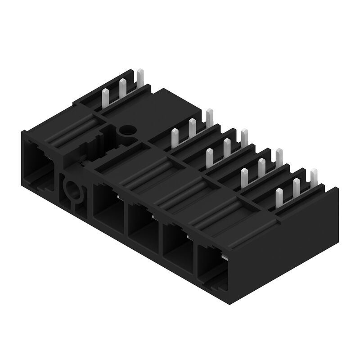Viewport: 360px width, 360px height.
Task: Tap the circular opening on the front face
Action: pyautogui.click(x=71, y=189)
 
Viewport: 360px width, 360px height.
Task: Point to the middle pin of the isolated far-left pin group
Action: pyautogui.click(x=122, y=88)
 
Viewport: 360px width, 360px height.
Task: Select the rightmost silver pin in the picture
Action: pyautogui.click(x=314, y=176)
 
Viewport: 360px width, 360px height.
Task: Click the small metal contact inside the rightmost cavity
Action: pyautogui.click(x=224, y=257)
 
